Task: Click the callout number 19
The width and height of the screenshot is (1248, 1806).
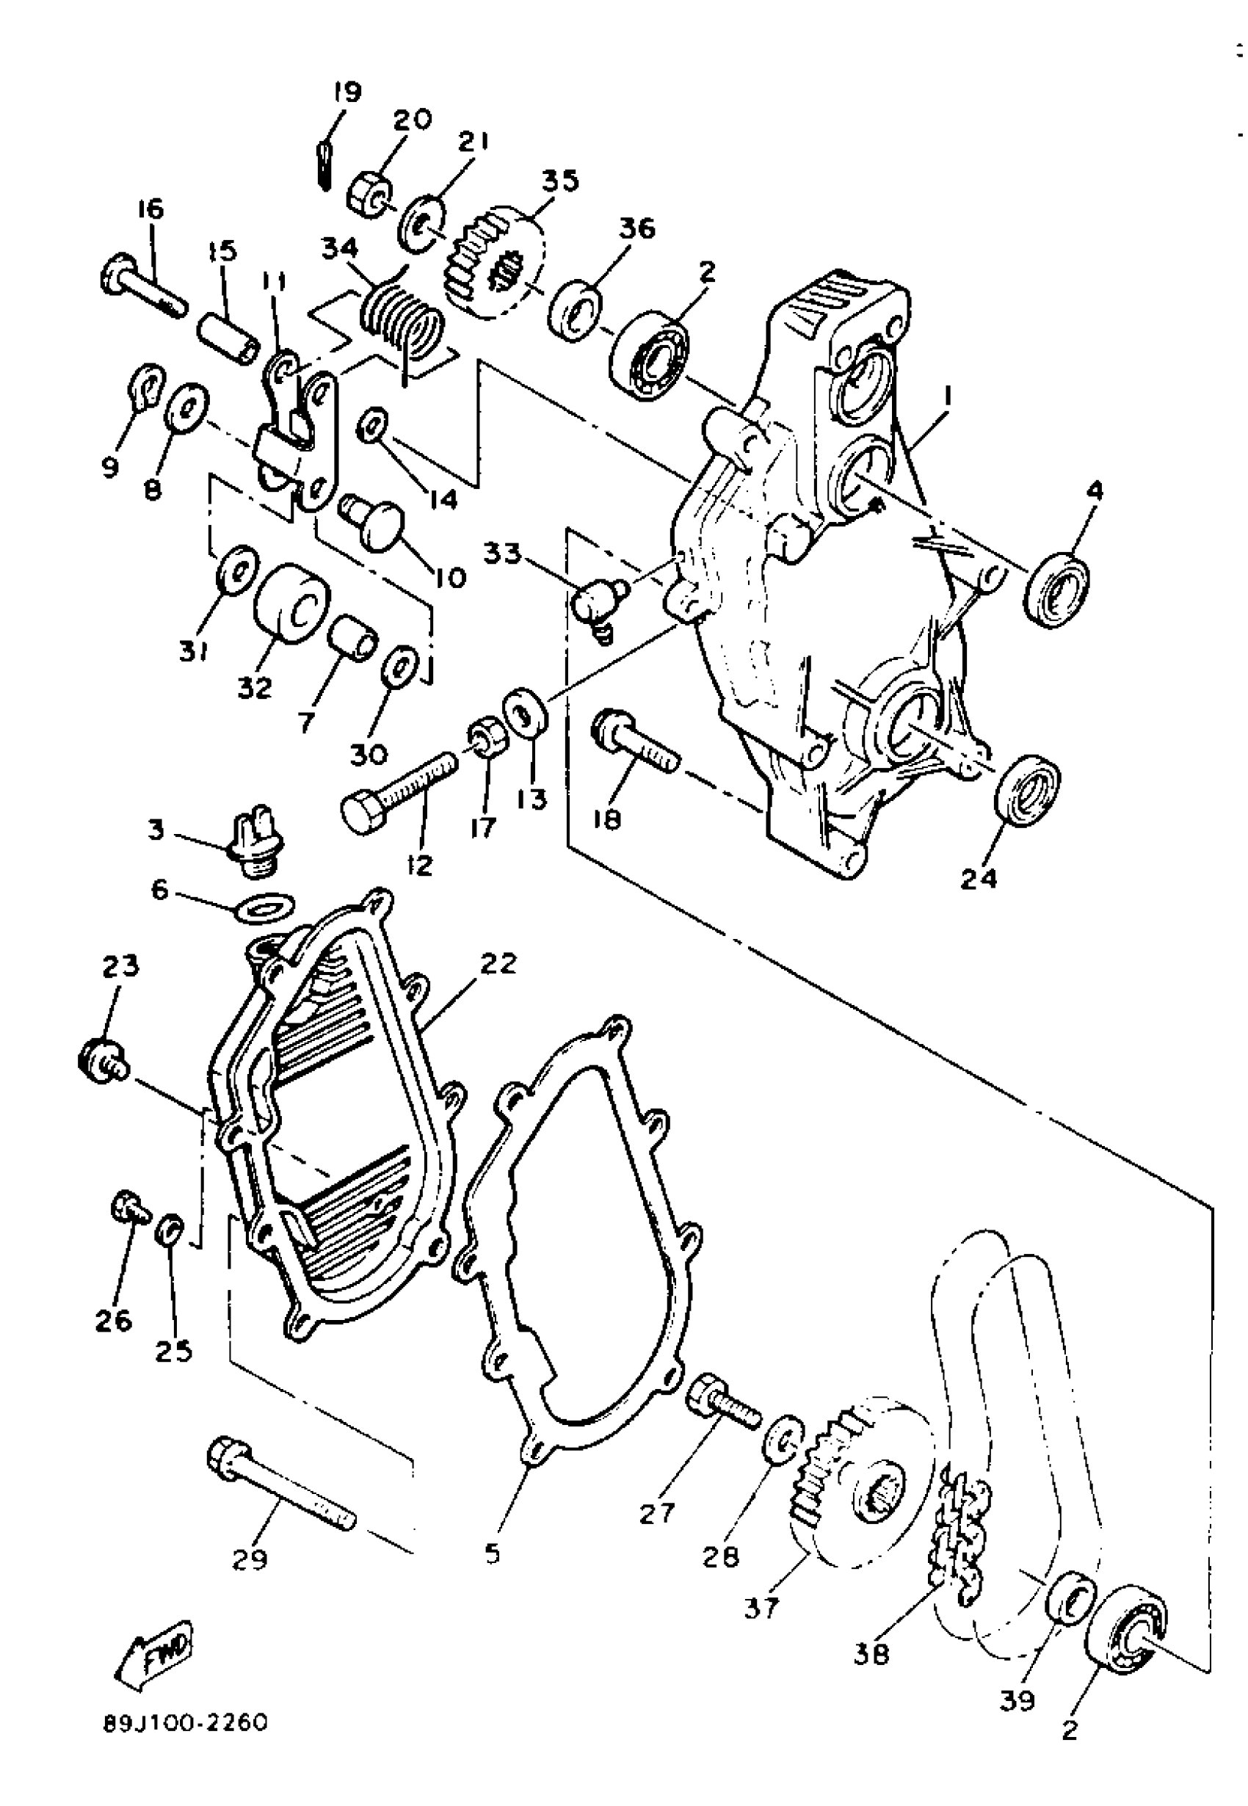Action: coord(347,93)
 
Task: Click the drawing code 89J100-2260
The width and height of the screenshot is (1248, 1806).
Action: coord(185,1722)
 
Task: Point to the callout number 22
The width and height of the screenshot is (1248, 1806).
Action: coord(498,963)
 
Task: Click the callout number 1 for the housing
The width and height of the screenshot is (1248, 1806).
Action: coord(948,398)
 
